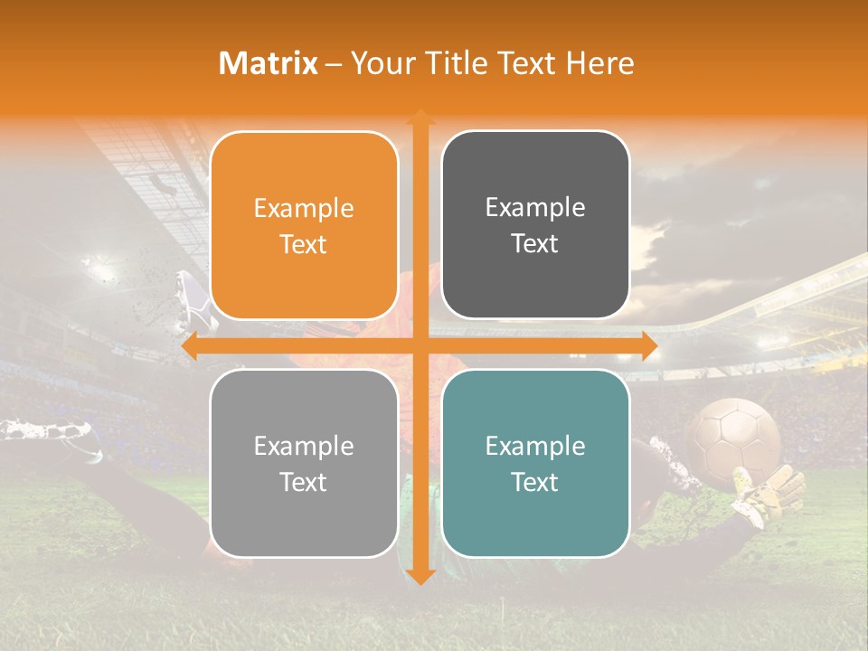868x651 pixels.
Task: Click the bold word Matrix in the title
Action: (269, 63)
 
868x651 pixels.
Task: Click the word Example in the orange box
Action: (304, 208)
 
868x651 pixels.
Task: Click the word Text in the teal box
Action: (535, 482)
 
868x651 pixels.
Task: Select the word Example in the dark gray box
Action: (535, 207)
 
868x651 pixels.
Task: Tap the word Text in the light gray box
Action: (304, 482)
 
